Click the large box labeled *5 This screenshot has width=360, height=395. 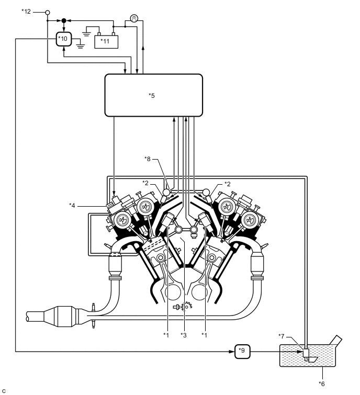(153, 95)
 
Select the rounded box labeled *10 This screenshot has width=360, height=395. (63, 40)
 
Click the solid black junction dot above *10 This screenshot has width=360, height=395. (63, 20)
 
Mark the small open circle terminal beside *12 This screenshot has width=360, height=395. (48, 12)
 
